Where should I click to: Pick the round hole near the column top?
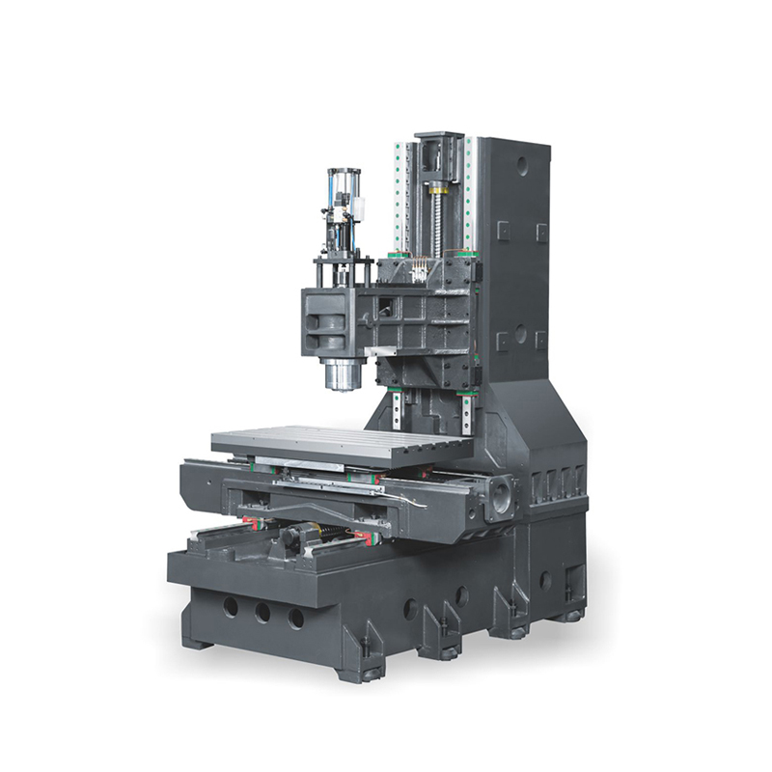522,165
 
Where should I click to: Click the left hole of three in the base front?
231,607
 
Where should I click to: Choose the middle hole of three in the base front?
262,612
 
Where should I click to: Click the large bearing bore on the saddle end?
502,500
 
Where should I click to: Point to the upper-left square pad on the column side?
503,230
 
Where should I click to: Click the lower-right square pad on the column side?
541,340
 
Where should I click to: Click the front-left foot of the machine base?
197,641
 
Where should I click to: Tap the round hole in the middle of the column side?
521,333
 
